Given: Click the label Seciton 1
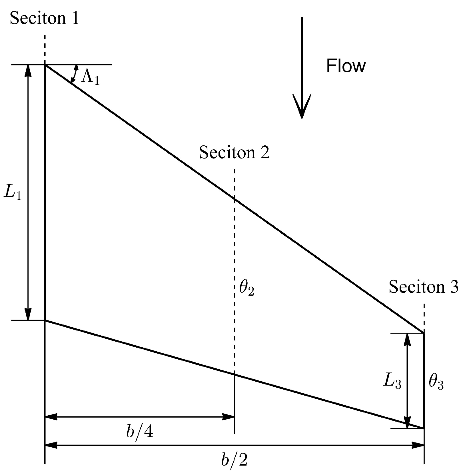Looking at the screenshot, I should (44, 19).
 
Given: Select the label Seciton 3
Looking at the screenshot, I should (424, 286).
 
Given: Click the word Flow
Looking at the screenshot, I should (346, 66).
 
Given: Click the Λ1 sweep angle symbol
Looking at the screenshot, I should (91, 78).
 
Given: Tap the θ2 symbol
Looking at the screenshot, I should (246, 289).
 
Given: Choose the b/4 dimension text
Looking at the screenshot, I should (140, 432).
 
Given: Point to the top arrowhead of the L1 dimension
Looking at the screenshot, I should (28, 70).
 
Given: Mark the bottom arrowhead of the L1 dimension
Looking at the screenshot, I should (28, 315).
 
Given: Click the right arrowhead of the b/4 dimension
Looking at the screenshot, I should (229, 417).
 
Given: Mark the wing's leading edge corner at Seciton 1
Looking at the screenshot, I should (45, 65).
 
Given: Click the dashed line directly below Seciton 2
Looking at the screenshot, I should (234, 183).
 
